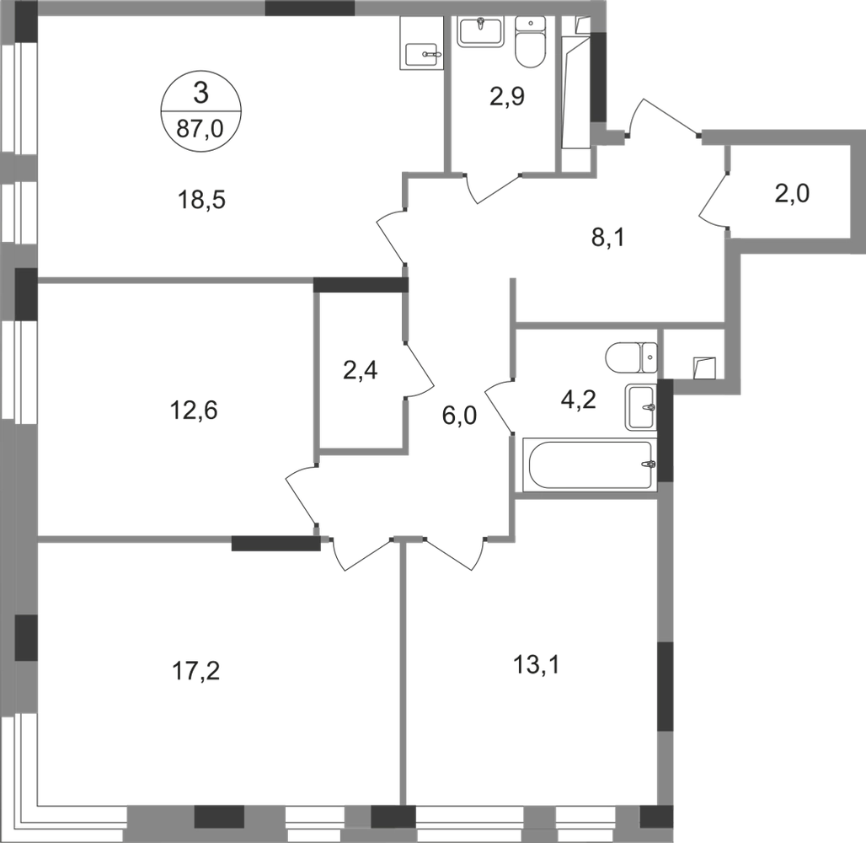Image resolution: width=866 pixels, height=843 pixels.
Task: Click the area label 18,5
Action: [x=201, y=200]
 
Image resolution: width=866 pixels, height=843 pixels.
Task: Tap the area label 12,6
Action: [x=195, y=411]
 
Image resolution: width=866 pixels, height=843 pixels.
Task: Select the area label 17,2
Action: [x=196, y=672]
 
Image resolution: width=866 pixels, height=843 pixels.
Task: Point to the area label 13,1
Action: [x=537, y=665]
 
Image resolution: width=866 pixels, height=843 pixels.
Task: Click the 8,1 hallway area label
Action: [x=607, y=239]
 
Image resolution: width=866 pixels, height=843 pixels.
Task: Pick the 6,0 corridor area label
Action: [x=459, y=415]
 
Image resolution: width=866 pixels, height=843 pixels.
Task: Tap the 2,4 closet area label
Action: [x=360, y=370]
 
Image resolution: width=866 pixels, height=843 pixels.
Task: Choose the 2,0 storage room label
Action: [x=792, y=194]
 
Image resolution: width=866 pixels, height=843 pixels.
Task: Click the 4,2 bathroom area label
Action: [x=578, y=399]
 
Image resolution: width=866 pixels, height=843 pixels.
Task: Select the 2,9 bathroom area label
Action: [x=507, y=97]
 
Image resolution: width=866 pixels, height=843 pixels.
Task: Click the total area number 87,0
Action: [x=200, y=129]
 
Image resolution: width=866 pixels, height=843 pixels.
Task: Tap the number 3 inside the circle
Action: [x=200, y=93]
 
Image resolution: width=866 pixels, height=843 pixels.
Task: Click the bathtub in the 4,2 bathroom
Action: [x=590, y=464]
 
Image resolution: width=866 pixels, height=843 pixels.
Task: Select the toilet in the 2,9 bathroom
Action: [x=530, y=42]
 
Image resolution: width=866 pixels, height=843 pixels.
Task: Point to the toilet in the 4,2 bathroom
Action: [x=631, y=357]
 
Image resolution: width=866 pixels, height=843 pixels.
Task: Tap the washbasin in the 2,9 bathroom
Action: [x=480, y=31]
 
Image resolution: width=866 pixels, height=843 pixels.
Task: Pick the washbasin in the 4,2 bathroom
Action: [x=641, y=408]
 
